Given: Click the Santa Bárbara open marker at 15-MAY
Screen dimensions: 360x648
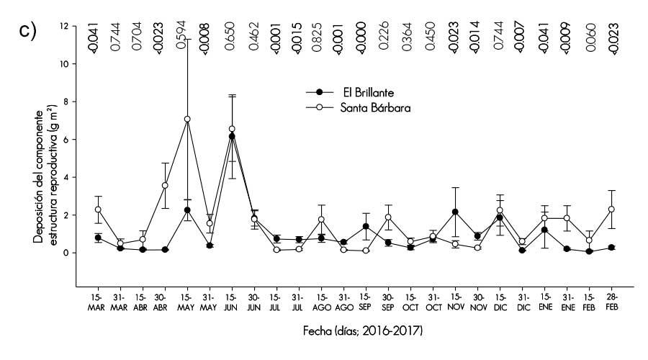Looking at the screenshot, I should (x=187, y=119).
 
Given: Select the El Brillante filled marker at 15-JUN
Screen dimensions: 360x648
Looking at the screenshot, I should (x=232, y=136).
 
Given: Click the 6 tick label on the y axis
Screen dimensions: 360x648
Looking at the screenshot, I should (x=64, y=140).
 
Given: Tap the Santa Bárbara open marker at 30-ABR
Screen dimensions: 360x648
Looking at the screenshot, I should (x=165, y=186).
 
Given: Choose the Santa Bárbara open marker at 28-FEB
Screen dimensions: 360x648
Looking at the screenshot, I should (x=611, y=210).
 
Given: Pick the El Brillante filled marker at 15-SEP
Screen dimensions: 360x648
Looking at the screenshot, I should (x=366, y=226).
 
